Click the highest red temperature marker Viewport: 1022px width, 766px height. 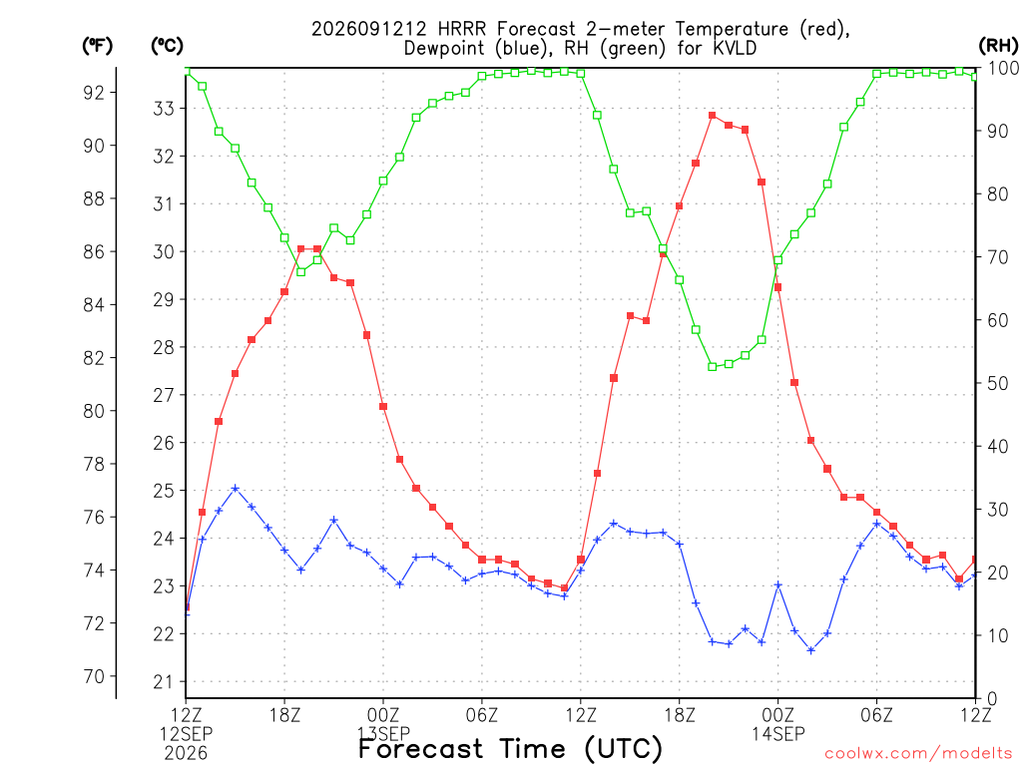(713, 116)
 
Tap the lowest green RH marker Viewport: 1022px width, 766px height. (713, 367)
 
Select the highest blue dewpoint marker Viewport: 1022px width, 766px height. (236, 488)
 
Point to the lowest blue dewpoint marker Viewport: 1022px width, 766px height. (810, 650)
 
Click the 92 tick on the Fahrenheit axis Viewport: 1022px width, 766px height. (94, 93)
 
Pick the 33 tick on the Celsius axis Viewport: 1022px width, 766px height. (164, 108)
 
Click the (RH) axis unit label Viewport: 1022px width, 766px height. (998, 45)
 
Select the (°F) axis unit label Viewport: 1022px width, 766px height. (97, 46)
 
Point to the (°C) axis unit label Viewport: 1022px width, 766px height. (167, 46)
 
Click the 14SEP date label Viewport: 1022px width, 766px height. (778, 734)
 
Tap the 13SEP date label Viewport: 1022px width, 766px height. (383, 734)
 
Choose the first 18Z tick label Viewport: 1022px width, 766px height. (284, 715)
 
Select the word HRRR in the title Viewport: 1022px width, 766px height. (461, 29)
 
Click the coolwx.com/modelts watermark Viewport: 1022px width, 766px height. (918, 754)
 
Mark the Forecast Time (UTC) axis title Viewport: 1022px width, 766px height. (510, 749)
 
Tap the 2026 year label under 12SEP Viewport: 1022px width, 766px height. (186, 754)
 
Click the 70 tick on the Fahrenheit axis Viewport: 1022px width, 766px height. (94, 677)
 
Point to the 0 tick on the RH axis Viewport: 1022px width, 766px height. (992, 699)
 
